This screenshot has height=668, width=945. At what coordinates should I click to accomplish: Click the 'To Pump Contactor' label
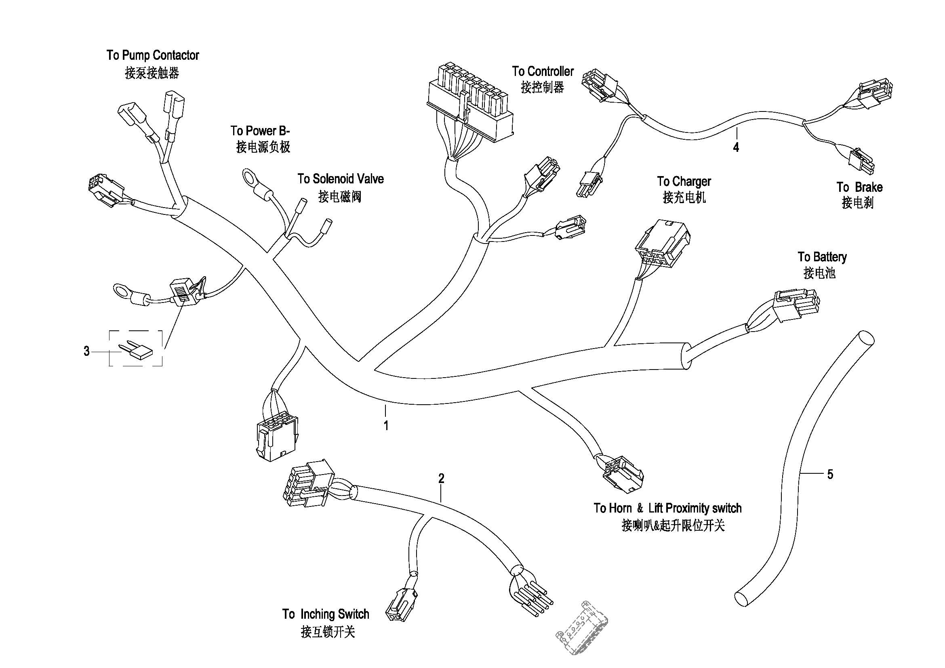(153, 55)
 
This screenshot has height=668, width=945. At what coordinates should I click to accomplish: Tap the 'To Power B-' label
(260, 131)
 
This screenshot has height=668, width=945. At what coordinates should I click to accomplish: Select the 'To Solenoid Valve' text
(340, 179)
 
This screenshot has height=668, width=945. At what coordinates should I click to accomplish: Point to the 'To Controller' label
(543, 71)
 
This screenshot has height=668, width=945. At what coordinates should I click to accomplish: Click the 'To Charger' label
(684, 181)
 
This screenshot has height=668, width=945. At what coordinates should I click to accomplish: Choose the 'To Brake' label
(859, 187)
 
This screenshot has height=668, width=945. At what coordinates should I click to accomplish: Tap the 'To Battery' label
(822, 257)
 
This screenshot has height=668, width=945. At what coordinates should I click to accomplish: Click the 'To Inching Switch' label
(326, 614)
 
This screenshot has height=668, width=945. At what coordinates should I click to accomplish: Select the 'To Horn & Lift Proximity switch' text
(667, 508)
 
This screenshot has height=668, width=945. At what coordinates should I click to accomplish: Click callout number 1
(386, 426)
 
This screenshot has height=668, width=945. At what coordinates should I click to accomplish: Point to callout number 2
(441, 478)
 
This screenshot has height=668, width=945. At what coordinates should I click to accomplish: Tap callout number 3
(86, 351)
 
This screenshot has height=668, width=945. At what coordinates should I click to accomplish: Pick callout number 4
(736, 147)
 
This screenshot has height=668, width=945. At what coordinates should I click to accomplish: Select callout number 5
(830, 474)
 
